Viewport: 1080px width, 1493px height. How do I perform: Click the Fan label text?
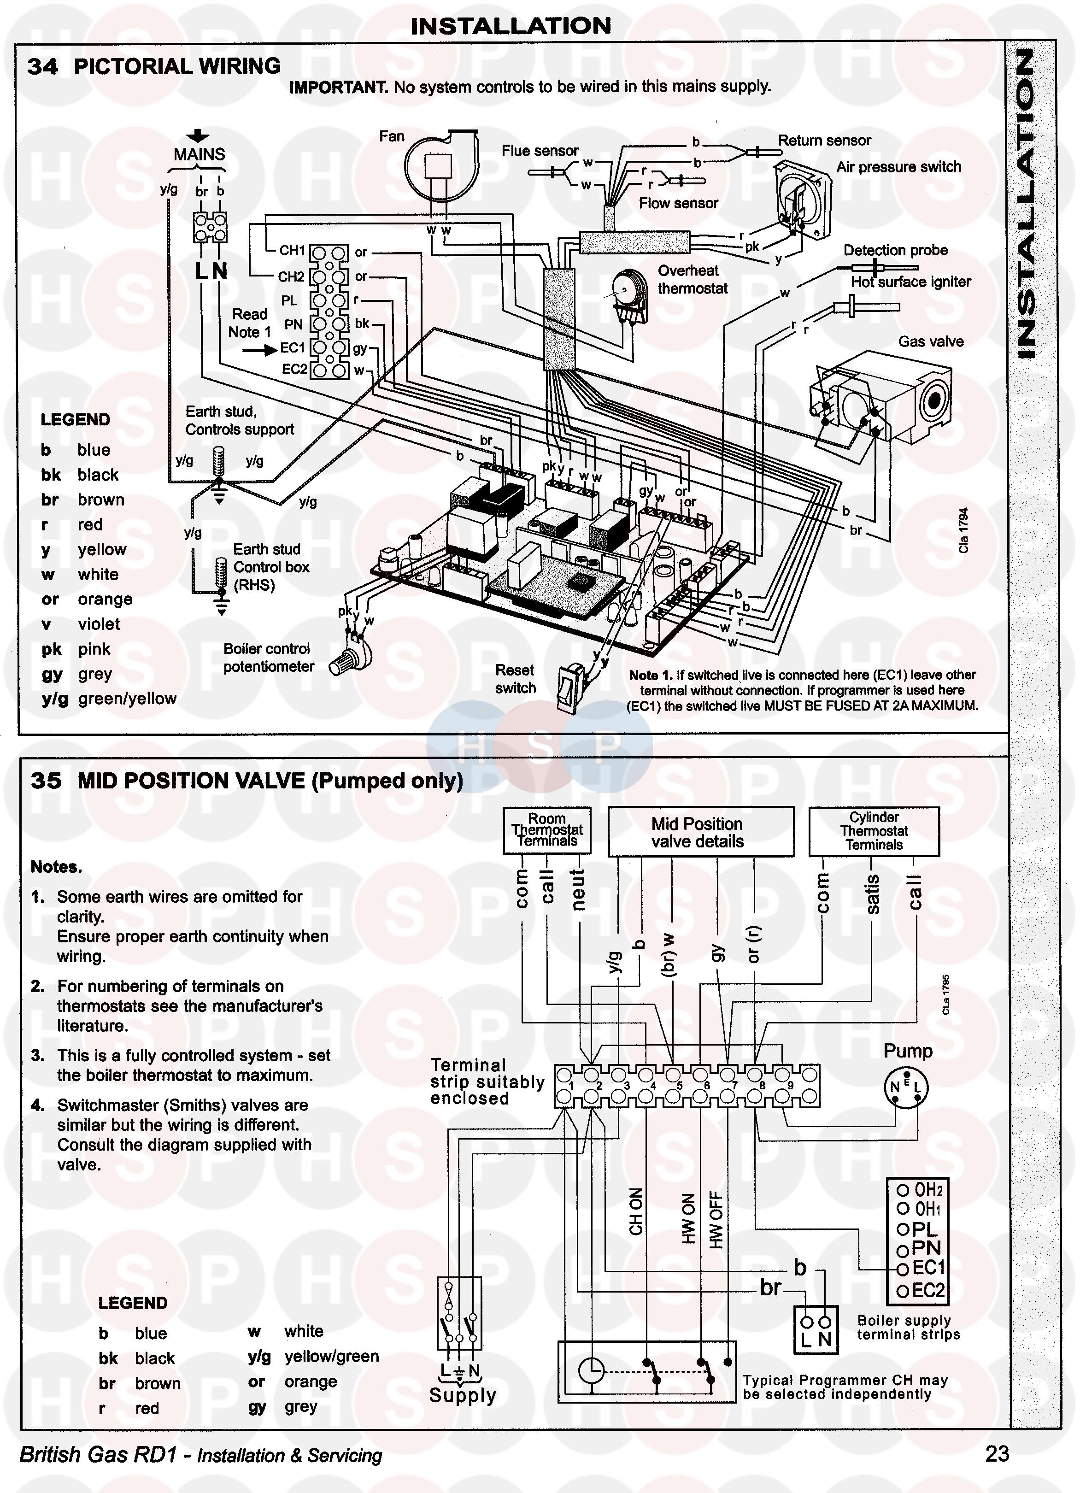392,136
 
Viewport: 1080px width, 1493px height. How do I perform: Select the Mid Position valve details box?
700,833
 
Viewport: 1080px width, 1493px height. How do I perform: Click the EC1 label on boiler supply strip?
928,1267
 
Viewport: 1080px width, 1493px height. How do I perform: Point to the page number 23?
997,1453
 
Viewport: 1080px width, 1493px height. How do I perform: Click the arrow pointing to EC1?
258,350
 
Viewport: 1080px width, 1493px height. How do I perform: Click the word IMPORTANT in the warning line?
338,87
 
